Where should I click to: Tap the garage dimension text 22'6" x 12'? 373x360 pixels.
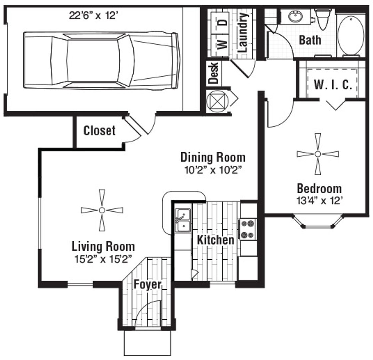pyautogui.click(x=94, y=16)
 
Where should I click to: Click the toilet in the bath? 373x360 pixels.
pyautogui.click(x=322, y=20)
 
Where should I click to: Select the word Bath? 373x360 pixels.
pyautogui.click(x=310, y=40)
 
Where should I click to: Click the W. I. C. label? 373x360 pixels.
pyautogui.click(x=333, y=85)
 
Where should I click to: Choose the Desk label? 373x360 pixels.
pyautogui.click(x=213, y=73)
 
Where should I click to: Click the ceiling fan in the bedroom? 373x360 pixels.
pyautogui.click(x=318, y=154)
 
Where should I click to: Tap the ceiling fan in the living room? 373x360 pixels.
pyautogui.click(x=102, y=210)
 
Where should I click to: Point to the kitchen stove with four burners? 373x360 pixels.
pyautogui.click(x=247, y=229)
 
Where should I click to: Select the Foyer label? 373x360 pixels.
pyautogui.click(x=148, y=285)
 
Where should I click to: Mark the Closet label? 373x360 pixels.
pyautogui.click(x=99, y=131)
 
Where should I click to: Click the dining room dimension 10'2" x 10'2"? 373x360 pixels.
pyautogui.click(x=213, y=170)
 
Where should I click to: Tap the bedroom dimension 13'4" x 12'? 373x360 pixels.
pyautogui.click(x=319, y=201)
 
